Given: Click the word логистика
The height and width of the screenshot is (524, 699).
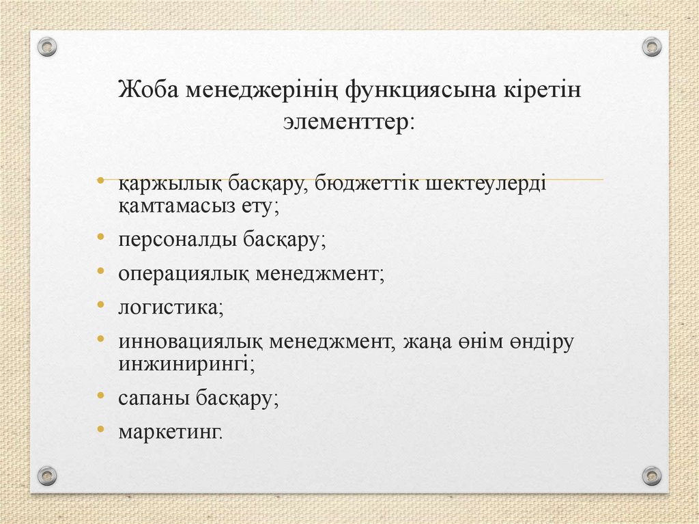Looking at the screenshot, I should (x=170, y=307).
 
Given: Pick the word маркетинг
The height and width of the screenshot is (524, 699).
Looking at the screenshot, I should (x=170, y=432).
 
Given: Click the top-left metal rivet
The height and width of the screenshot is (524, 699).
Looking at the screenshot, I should (x=47, y=47).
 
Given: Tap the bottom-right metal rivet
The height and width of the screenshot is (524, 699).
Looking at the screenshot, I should (x=652, y=475).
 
